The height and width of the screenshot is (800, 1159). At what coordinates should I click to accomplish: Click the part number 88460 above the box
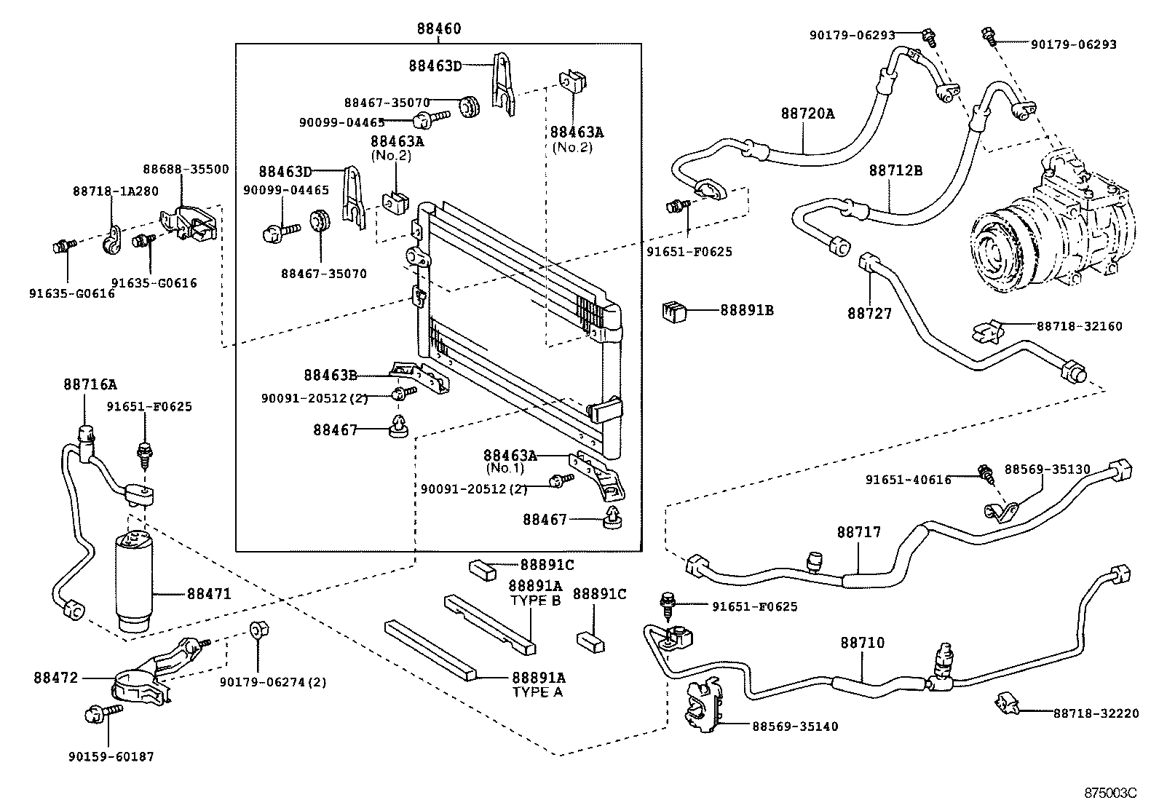tap(439, 29)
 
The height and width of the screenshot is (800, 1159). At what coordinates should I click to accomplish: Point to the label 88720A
tap(807, 114)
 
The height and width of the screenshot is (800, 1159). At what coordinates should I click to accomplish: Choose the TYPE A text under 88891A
tap(537, 692)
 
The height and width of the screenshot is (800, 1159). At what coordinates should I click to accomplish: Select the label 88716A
tap(89, 384)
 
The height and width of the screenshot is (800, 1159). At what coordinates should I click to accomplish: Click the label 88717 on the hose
tap(858, 532)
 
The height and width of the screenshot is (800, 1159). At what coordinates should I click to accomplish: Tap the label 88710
tap(863, 643)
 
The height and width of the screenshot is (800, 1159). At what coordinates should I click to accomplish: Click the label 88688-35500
tap(186, 169)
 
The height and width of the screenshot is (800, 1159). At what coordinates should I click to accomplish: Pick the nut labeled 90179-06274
tap(256, 630)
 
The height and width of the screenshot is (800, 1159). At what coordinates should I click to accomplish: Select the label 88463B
tap(330, 375)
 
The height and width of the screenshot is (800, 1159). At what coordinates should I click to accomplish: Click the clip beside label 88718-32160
tap(989, 332)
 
